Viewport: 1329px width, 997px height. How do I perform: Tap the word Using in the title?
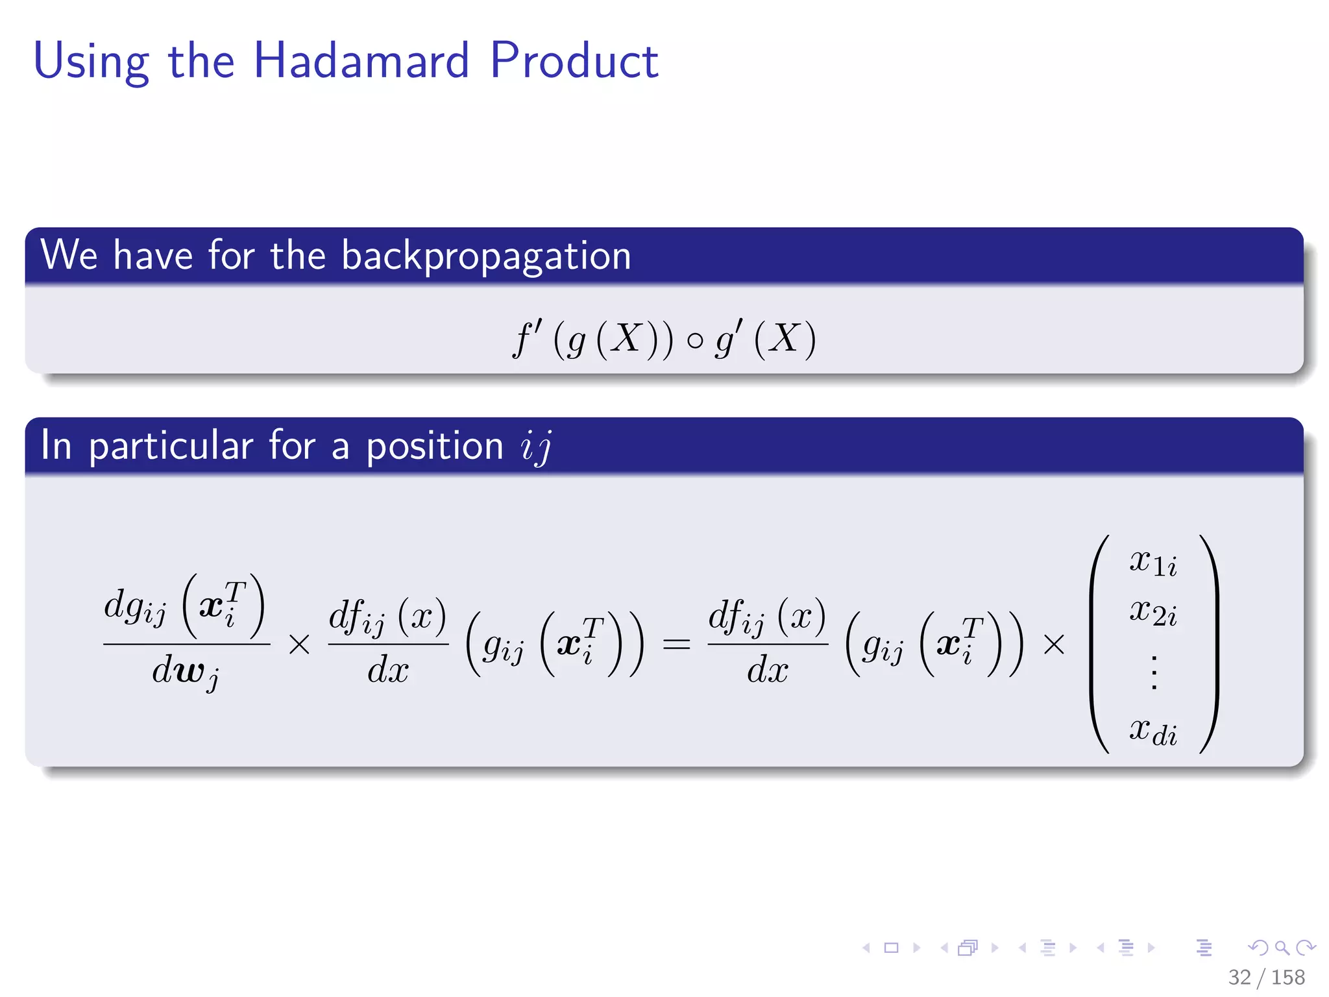click(x=91, y=62)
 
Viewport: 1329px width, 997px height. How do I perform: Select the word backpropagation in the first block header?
click(x=486, y=256)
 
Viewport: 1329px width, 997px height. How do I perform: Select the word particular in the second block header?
click(x=171, y=447)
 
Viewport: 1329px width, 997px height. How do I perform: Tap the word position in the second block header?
click(x=434, y=447)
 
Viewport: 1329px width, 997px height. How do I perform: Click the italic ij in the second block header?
click(x=536, y=447)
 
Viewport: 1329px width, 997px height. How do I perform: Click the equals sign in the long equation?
click(x=676, y=645)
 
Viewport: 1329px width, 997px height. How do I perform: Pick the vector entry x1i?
click(x=1152, y=562)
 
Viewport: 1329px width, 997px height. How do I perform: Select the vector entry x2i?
click(x=1152, y=612)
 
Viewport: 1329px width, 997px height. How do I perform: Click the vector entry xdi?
click(x=1152, y=732)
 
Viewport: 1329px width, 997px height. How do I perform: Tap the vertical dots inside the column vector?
click(x=1153, y=672)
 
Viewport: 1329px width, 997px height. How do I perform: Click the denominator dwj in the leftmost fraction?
click(x=186, y=672)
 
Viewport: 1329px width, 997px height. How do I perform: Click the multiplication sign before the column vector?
click(x=1054, y=645)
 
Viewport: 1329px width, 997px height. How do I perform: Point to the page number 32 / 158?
click(x=1265, y=977)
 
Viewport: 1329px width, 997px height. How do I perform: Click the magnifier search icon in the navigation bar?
click(x=1282, y=948)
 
